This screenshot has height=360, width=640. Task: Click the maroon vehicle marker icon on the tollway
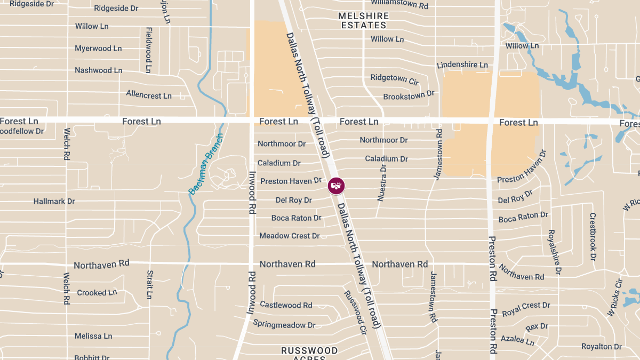336,186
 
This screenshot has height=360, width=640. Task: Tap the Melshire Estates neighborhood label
364,20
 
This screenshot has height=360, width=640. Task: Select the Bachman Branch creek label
206,163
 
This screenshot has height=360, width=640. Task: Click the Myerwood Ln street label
98,49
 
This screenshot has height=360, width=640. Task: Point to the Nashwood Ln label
98,70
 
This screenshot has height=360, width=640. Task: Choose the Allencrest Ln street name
149,95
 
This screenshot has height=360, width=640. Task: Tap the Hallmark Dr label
54,202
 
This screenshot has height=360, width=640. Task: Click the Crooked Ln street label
97,293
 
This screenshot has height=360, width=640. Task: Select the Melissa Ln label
93,336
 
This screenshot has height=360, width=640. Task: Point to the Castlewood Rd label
286,305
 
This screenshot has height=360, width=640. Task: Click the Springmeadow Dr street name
284,324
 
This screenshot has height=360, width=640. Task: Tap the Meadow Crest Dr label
289,236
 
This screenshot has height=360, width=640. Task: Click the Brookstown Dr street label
409,95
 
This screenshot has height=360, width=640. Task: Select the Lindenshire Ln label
462,65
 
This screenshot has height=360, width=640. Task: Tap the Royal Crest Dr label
526,308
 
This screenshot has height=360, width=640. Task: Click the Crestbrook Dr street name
593,237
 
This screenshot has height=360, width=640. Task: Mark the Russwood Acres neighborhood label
310,353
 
